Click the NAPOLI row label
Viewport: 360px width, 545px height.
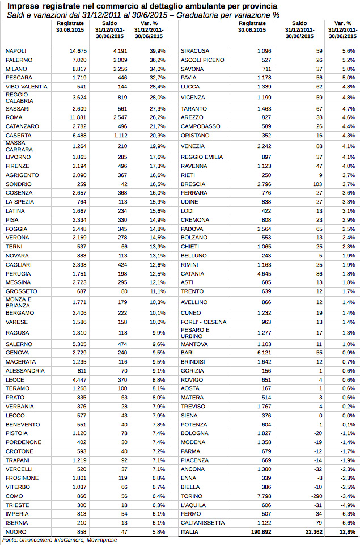pyautogui.click(x=16, y=51)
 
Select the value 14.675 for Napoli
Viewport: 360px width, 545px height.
pyautogui.click(x=78, y=51)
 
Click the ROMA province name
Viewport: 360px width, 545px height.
pyautogui.click(x=14, y=117)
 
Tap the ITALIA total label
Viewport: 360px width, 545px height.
pyautogui.click(x=189, y=531)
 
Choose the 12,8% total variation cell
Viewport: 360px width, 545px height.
pyautogui.click(x=348, y=531)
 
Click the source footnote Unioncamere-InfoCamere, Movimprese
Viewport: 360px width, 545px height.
pyautogui.click(x=59, y=540)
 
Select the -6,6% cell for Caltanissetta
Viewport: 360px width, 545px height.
pyautogui.click(x=348, y=522)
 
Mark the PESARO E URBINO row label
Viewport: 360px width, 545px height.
pyautogui.click(x=196, y=333)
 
